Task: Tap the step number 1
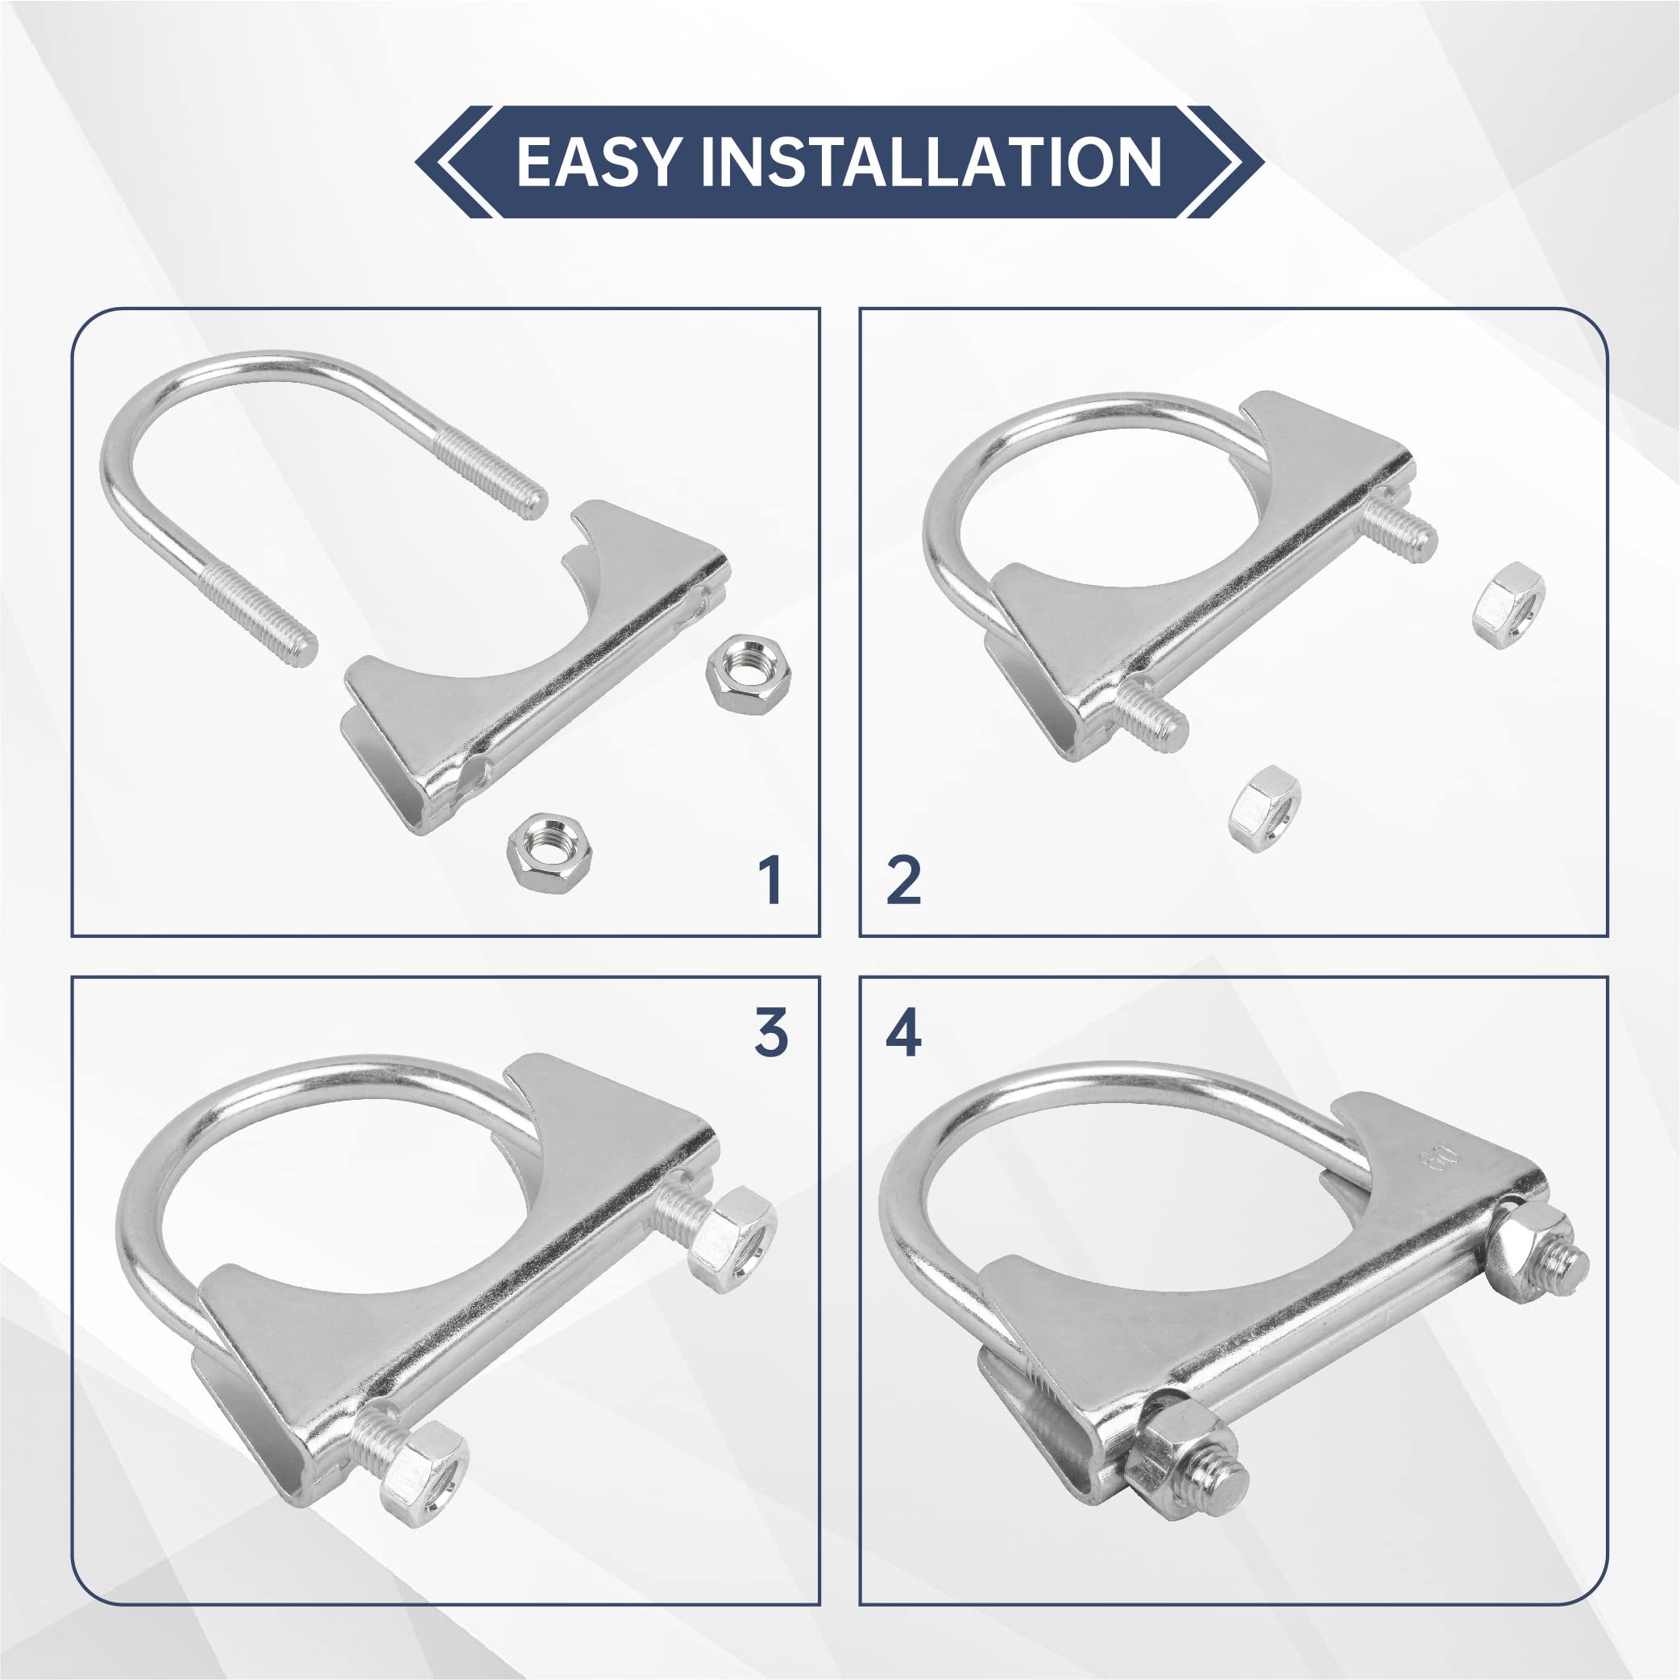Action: [770, 880]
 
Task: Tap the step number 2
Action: [903, 880]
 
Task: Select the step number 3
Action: [771, 1033]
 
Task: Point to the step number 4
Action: [903, 1033]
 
